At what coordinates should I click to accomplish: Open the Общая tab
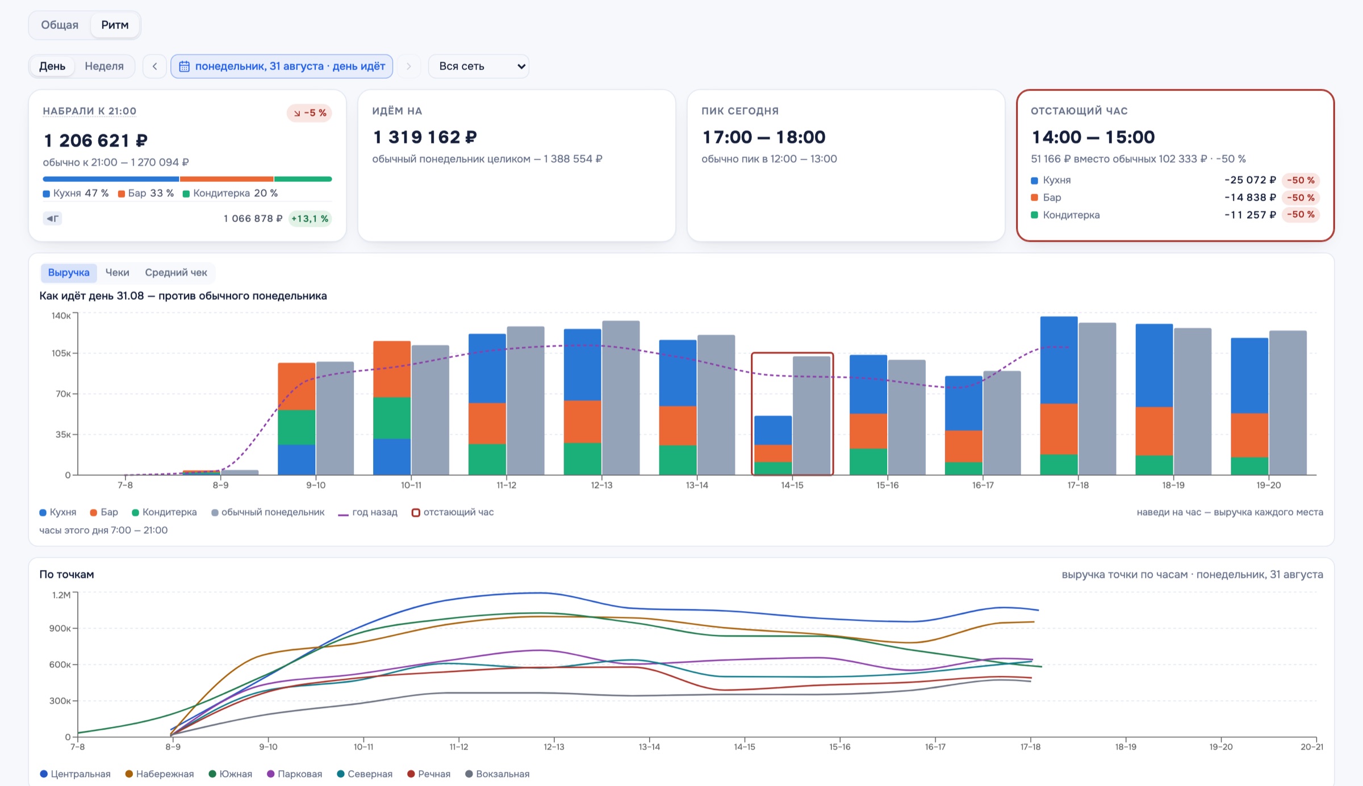60,25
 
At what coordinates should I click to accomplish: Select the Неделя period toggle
104,66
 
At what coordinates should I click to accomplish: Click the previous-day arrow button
154,66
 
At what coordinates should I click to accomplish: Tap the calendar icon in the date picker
184,66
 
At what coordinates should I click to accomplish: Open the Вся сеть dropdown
479,66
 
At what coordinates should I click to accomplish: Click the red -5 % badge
310,113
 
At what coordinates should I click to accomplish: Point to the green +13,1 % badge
310,219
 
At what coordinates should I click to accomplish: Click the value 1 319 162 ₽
425,137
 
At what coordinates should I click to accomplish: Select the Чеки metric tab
117,273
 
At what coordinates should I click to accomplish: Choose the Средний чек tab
176,273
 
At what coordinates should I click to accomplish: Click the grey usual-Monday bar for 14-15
811,415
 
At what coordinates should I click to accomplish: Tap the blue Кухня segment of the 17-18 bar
1059,360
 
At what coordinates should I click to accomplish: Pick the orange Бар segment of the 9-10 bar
296,386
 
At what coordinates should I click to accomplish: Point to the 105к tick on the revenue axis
61,353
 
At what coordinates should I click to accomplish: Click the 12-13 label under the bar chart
601,485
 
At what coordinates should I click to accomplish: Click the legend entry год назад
367,512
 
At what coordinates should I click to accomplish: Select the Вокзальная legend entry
497,774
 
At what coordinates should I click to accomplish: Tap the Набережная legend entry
160,774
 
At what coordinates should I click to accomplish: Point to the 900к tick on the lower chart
60,628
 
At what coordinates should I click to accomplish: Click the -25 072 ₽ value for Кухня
1250,180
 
